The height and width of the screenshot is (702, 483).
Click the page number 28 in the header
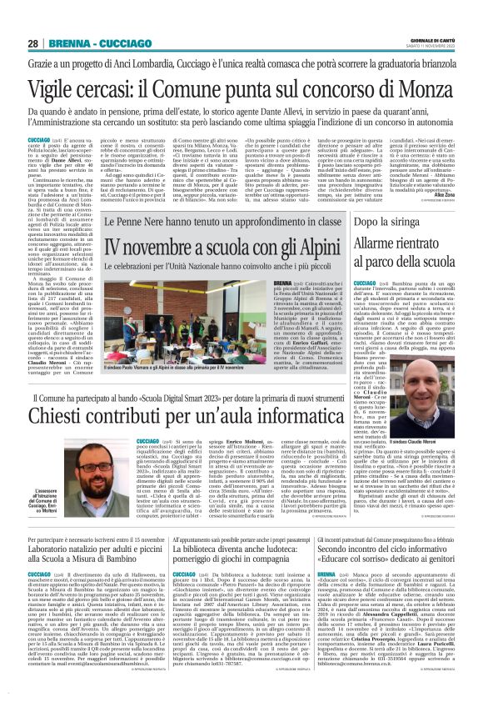(32, 43)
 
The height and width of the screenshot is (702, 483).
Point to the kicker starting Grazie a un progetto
(241, 63)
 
